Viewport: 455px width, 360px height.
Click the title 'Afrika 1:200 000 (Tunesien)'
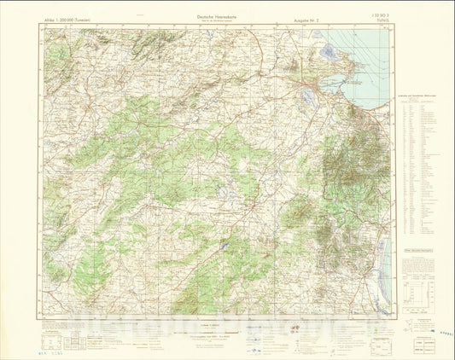pos(68,18)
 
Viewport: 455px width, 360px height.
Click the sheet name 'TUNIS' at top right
pos(381,20)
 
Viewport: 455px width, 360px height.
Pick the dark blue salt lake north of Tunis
pos(328,53)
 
